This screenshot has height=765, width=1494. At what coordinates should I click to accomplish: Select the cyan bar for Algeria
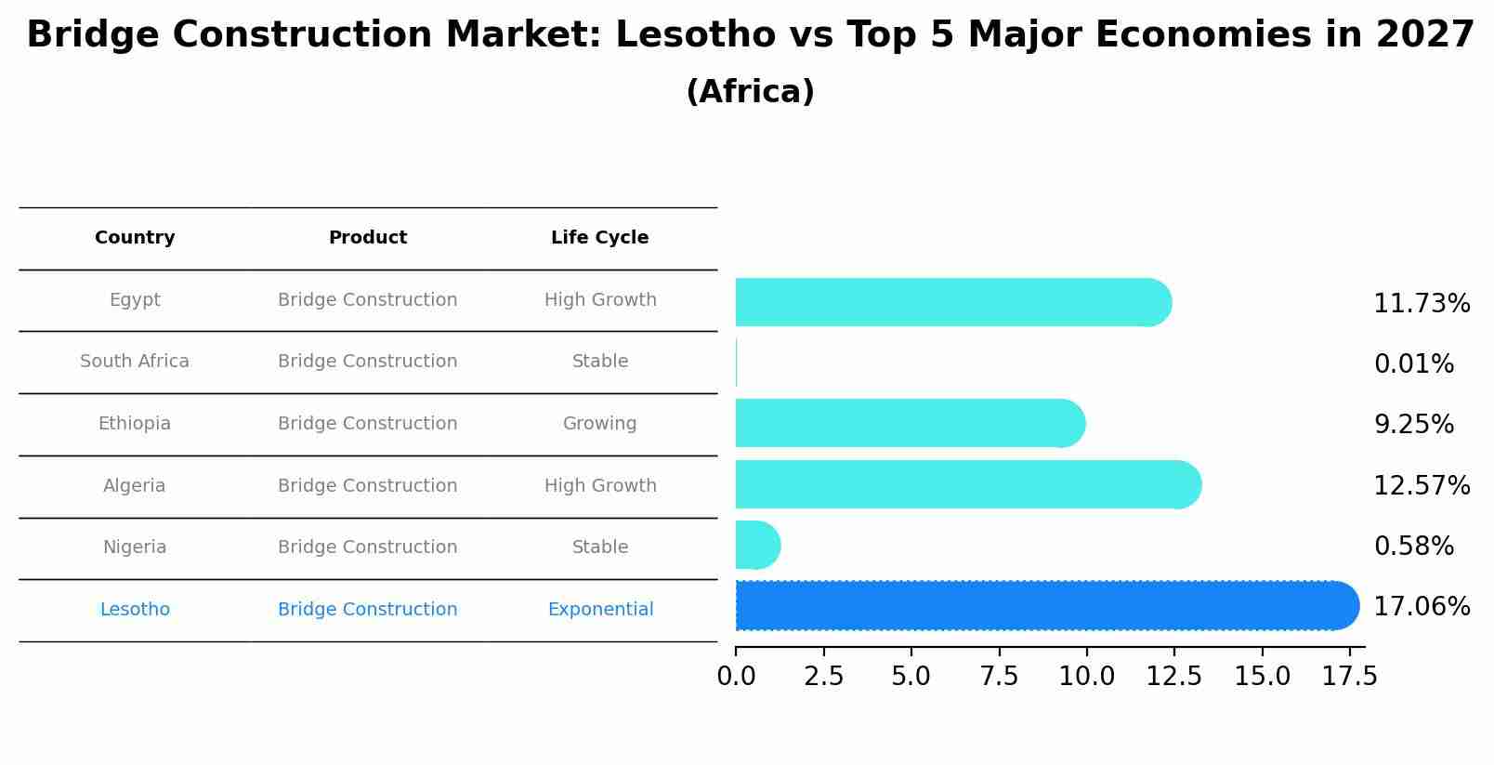966,484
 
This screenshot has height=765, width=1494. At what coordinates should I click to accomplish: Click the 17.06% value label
1421,607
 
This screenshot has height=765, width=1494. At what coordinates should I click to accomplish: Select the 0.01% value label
1413,364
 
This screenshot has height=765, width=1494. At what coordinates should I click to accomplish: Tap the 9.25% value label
1413,425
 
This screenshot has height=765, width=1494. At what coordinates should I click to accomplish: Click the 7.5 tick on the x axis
999,677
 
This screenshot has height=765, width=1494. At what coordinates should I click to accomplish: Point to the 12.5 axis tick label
1173,677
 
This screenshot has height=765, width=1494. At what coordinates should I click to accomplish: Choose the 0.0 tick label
736,677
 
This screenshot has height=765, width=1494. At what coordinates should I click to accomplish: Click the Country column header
135,238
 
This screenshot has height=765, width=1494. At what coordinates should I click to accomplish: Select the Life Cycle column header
599,238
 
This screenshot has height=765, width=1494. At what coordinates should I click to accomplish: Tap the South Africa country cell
135,362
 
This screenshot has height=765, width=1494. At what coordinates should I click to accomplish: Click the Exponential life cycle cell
600,610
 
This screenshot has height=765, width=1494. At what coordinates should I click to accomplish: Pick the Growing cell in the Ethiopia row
599,424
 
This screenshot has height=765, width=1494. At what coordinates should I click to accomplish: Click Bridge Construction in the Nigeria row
367,547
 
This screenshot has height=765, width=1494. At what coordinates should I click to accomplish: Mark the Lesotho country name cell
135,610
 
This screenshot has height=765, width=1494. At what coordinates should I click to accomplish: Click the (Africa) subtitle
750,92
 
